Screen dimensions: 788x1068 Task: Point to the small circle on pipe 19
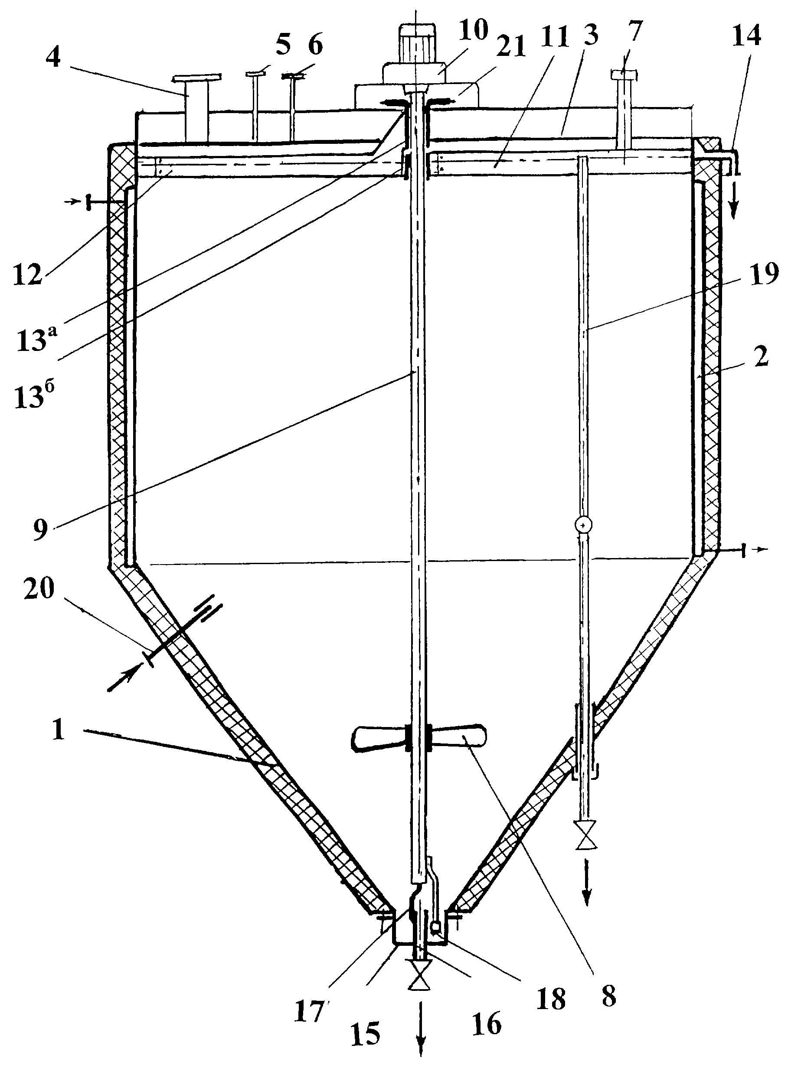584,525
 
